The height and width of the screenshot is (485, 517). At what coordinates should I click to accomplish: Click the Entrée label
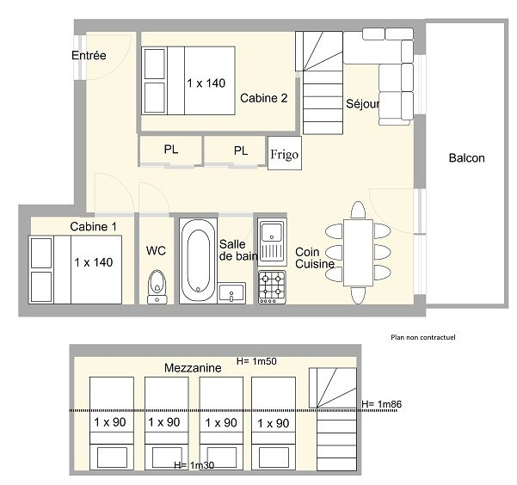(x=89, y=55)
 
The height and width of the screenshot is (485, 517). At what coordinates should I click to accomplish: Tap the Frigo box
(x=284, y=153)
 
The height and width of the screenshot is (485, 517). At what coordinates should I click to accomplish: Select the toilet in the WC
(x=157, y=287)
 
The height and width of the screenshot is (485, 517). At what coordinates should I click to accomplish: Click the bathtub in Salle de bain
(x=198, y=261)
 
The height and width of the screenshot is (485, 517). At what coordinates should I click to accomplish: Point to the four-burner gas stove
(x=272, y=287)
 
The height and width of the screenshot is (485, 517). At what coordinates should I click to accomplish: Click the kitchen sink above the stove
(x=272, y=242)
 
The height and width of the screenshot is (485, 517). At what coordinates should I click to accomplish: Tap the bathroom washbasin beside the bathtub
(x=231, y=293)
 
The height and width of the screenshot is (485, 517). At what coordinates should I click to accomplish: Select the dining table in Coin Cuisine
(x=358, y=253)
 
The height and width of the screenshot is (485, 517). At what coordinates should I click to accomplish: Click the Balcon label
(x=466, y=158)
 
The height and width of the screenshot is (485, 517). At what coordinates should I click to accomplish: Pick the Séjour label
(x=363, y=104)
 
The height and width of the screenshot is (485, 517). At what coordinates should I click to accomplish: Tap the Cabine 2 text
(x=264, y=98)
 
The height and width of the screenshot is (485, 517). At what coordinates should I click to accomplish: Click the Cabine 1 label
(x=93, y=226)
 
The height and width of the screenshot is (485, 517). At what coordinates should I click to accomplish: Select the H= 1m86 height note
(x=381, y=404)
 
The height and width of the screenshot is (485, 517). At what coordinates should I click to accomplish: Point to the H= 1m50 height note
(x=256, y=361)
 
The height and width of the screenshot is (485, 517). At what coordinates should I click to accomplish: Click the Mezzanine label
(x=193, y=368)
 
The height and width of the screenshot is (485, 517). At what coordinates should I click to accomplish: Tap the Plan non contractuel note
(x=423, y=337)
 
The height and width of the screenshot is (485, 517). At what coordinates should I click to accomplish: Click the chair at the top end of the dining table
(x=358, y=210)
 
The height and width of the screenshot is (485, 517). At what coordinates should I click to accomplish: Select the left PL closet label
(x=171, y=150)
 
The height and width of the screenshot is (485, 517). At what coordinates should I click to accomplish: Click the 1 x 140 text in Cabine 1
(x=94, y=262)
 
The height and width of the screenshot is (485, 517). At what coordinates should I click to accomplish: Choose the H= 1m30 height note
(x=194, y=465)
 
